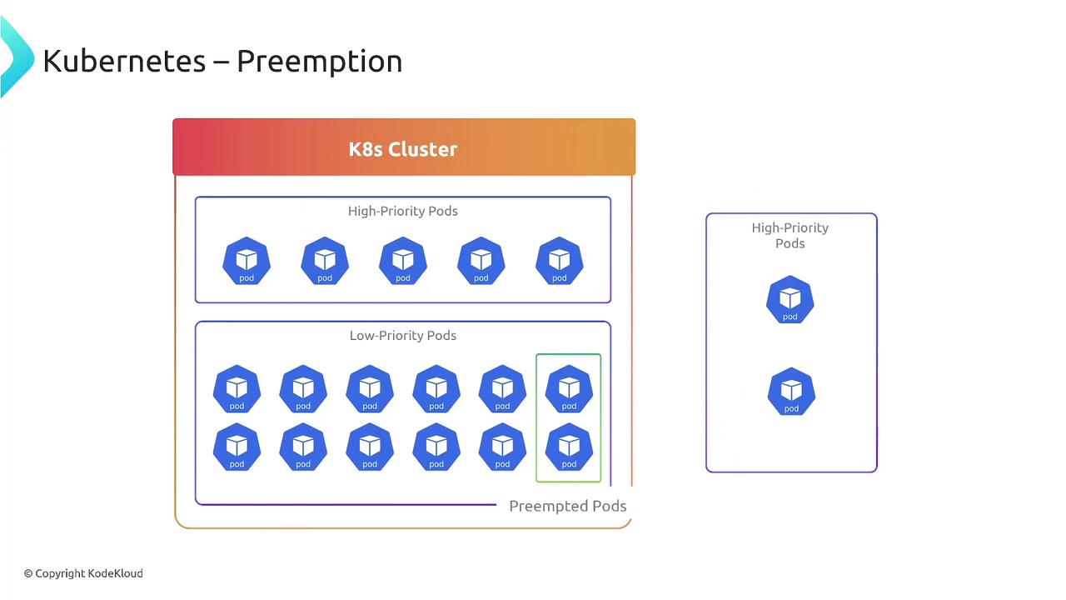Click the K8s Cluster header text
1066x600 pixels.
(403, 149)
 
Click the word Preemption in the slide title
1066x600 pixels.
(319, 61)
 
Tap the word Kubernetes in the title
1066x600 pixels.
(124, 61)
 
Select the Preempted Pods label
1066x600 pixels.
(567, 506)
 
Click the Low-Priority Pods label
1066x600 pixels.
(403, 336)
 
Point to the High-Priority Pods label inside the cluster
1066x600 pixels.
(403, 211)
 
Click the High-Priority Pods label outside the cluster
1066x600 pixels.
(790, 235)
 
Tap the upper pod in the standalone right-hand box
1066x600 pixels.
(790, 299)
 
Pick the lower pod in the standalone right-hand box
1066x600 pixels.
(791, 392)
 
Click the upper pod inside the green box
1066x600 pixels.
(569, 388)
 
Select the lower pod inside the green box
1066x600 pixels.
(569, 447)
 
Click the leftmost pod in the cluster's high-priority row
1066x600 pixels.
(247, 260)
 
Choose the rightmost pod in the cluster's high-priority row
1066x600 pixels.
(560, 260)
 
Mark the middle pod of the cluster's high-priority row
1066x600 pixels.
(403, 260)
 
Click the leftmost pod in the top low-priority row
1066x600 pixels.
(237, 388)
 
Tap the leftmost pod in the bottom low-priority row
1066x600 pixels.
(237, 447)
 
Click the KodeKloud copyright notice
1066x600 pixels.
(83, 573)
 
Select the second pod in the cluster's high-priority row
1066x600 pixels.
(325, 260)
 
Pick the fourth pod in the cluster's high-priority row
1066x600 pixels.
(481, 260)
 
